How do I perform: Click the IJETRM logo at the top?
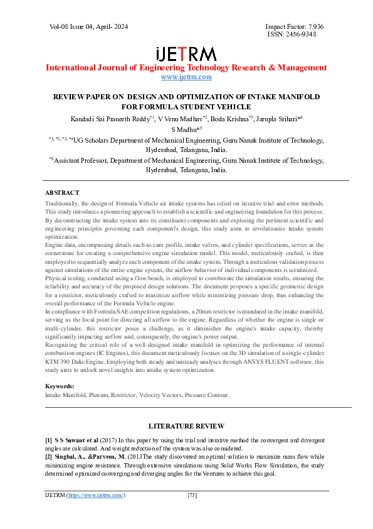186,53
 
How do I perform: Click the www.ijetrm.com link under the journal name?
186,77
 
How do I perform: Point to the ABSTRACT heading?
62,192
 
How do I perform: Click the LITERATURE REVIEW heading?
186,425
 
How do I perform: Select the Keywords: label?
60,386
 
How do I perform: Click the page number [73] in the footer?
193,495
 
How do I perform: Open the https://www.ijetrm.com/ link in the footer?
95,495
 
